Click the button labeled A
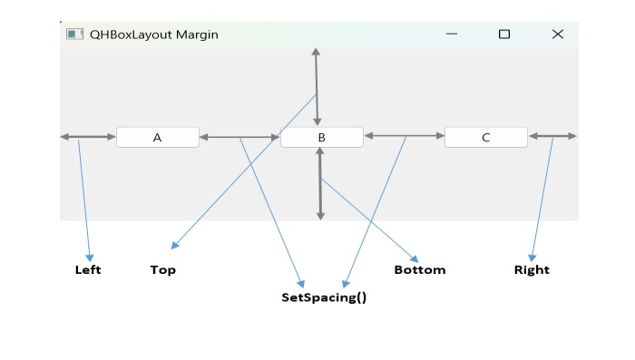click(x=157, y=138)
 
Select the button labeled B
click(x=321, y=138)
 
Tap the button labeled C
click(x=485, y=138)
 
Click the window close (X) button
click(x=558, y=34)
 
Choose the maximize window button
click(x=504, y=34)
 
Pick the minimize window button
click(x=452, y=34)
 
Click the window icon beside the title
click(x=74, y=34)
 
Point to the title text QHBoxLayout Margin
click(x=153, y=34)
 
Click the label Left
click(x=88, y=270)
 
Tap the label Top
click(x=163, y=270)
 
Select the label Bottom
click(x=420, y=270)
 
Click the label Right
click(x=532, y=270)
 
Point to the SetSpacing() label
click(x=324, y=297)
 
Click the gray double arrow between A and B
click(x=239, y=138)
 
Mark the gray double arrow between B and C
click(x=404, y=136)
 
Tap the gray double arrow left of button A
click(x=88, y=137)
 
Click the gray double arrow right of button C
click(x=552, y=136)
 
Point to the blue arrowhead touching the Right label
click(x=532, y=258)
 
